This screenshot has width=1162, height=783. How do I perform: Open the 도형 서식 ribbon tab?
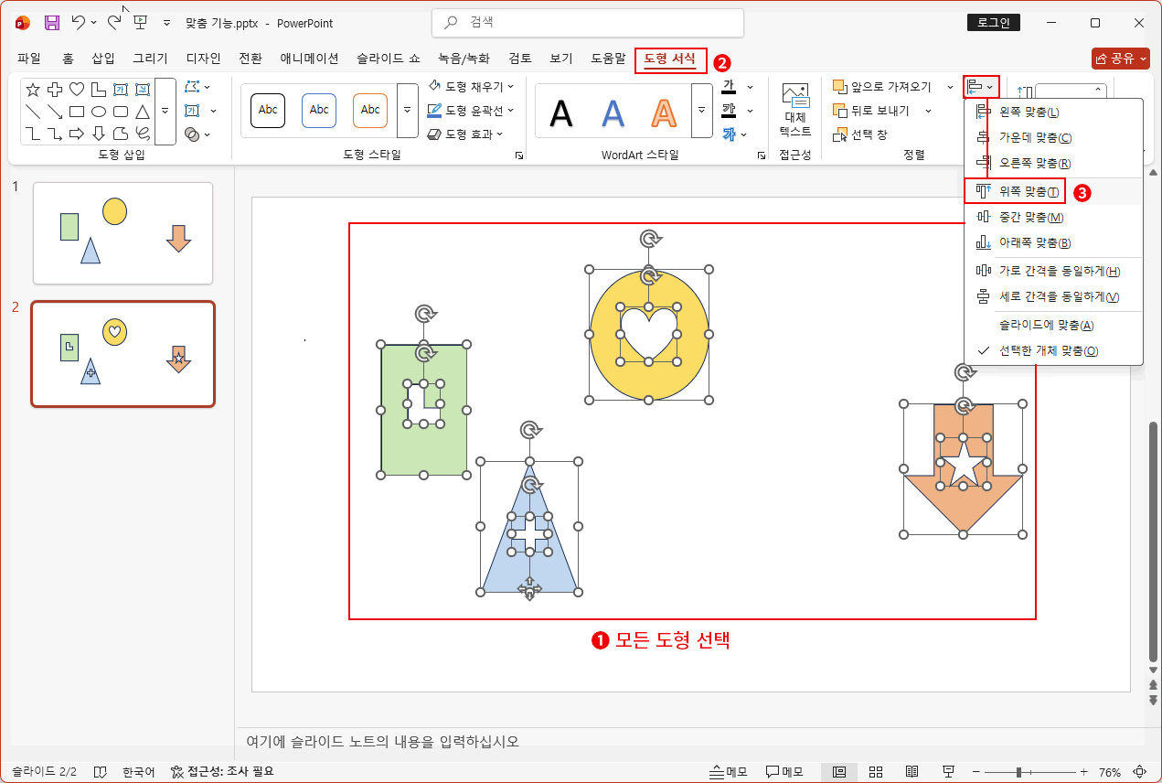point(670,59)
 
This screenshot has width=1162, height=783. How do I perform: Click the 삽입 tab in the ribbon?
point(103,59)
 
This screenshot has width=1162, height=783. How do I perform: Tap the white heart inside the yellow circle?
point(648,332)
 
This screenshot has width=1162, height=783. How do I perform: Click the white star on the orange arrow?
point(963,465)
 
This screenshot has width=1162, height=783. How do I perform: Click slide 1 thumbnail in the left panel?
point(123,232)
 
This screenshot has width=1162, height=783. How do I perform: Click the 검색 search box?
point(587,22)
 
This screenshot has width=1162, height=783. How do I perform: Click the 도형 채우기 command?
point(472,86)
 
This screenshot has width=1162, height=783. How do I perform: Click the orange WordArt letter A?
point(665,112)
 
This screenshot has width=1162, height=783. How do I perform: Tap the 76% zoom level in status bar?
point(1110,772)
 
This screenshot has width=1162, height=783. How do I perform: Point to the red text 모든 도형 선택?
point(672,640)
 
